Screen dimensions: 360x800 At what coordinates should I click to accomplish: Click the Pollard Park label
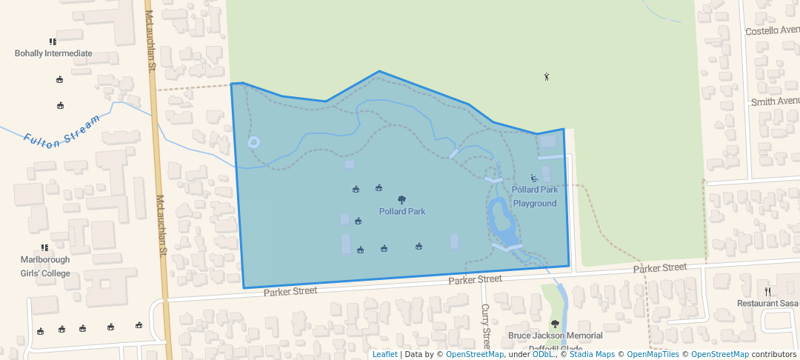pos(402,212)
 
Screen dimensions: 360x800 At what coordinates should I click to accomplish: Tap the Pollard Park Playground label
pos(535,196)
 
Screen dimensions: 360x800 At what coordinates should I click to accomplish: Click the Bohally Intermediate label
pos(53,53)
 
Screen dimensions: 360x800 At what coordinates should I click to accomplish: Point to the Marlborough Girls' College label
pos(45,267)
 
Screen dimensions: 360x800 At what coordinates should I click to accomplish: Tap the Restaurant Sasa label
pos(767,304)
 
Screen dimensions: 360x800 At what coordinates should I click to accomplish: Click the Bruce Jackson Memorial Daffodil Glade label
pos(555,341)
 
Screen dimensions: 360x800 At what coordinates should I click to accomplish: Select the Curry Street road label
pos(486,326)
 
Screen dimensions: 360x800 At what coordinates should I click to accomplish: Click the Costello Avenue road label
pos(772,31)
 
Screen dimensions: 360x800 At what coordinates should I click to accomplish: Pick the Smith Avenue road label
pos(775,101)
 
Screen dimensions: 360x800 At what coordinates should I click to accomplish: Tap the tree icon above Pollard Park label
pos(402,199)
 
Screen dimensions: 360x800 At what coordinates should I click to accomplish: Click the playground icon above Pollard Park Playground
pos(535,178)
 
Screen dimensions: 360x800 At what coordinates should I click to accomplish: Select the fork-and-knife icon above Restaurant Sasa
pos(767,292)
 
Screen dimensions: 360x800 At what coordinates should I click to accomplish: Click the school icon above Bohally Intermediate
pos(53,41)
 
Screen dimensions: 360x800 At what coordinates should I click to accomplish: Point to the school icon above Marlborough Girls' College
pos(44,247)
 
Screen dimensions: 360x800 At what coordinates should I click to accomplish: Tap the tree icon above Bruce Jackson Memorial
pos(555,323)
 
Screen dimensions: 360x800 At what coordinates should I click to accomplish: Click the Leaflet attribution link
pos(384,355)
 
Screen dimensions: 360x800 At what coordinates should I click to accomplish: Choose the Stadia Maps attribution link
pos(592,355)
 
